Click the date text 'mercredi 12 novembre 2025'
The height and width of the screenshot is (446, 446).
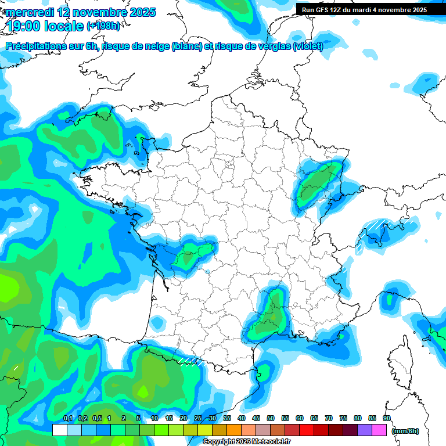pos(81,12)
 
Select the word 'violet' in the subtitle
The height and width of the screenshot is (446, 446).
pos(307,46)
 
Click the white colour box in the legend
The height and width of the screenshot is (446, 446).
pos(59,430)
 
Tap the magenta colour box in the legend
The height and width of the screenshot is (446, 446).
pos(379,430)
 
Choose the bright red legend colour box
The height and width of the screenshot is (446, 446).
pos(307,430)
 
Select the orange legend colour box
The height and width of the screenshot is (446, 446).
pos(234,430)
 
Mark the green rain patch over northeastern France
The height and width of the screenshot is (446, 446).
pos(316,183)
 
